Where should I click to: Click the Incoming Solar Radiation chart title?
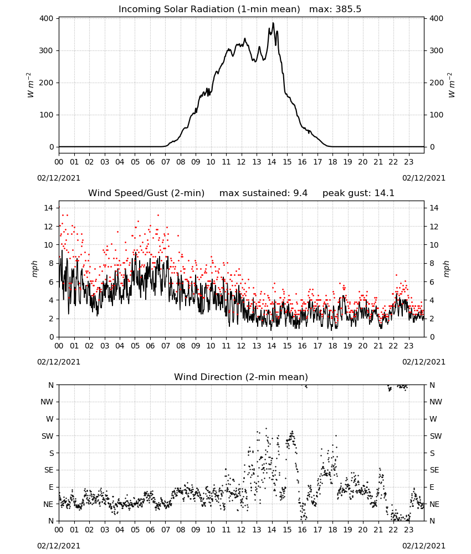tap(209, 9)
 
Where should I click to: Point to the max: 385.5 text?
tap(335, 9)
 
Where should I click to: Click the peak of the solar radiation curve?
tap(273, 23)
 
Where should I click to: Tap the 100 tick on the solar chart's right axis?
tap(436, 115)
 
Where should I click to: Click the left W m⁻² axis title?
tap(30, 85)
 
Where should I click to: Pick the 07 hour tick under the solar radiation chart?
tap(165, 162)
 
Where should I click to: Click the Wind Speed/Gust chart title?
tap(146, 193)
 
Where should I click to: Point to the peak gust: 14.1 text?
tap(359, 193)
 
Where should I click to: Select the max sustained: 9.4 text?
tap(263, 193)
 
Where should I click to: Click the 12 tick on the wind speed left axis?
tap(48, 227)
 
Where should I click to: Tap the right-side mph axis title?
tap(446, 269)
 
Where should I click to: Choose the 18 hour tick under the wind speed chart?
tap(332, 346)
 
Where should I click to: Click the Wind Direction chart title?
tap(241, 377)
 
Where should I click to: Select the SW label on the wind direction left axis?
tap(48, 436)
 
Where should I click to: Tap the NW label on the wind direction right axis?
tap(436, 402)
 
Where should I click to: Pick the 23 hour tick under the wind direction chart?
tap(408, 529)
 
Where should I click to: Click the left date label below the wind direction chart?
tap(59, 546)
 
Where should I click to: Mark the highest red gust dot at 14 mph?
tap(59, 207)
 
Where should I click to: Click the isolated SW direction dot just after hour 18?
tap(336, 435)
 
